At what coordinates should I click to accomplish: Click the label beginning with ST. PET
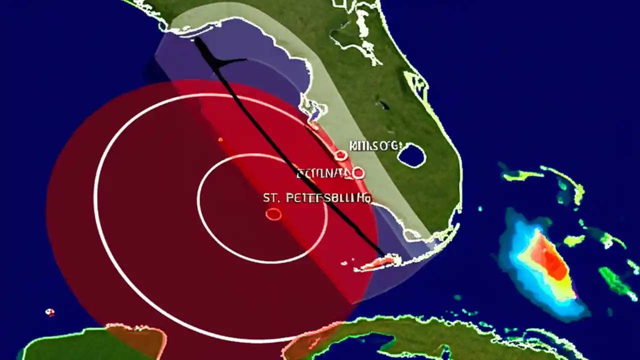[x=317, y=198]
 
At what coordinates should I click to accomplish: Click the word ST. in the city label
[x=271, y=198]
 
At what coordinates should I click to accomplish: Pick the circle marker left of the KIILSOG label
[x=341, y=155]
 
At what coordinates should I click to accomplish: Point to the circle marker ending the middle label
[x=358, y=173]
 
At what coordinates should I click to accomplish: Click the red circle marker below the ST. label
[x=273, y=214]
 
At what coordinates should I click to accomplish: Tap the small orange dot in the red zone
[x=220, y=139]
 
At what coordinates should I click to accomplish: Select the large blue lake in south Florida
[x=412, y=155]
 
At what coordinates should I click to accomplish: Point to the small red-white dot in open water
[x=49, y=312]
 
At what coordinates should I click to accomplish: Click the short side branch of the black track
[x=233, y=61]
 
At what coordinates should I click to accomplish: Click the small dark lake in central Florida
[x=383, y=105]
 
